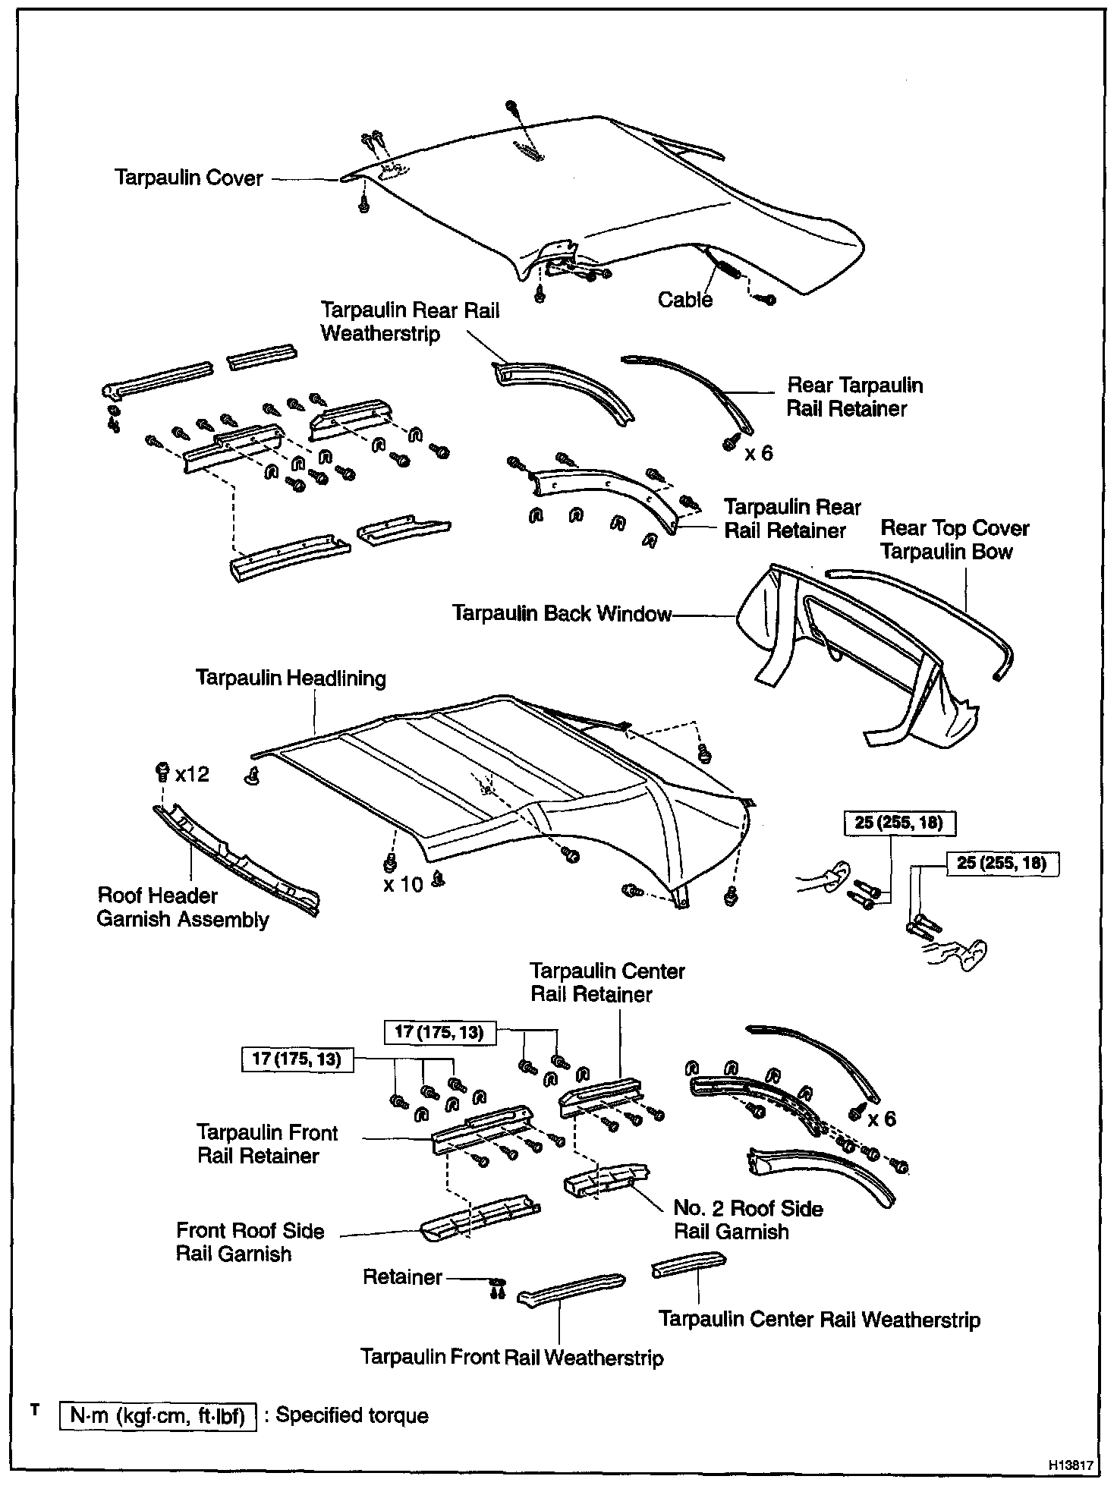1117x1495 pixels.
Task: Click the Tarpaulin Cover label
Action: [x=188, y=178]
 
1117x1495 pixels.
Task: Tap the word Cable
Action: [x=684, y=300]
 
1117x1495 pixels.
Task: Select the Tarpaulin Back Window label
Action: [x=562, y=613]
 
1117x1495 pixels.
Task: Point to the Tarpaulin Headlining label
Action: [x=291, y=678]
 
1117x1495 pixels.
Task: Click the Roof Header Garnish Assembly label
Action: [x=182, y=908]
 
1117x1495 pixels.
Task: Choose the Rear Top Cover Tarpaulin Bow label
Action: [x=954, y=540]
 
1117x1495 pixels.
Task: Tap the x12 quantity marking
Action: [x=191, y=774]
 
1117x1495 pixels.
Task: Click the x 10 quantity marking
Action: [x=402, y=884]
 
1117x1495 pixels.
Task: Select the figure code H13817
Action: [x=1073, y=1465]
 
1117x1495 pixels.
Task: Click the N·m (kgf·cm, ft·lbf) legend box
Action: [x=158, y=1415]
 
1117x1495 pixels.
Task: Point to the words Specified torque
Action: [x=351, y=1415]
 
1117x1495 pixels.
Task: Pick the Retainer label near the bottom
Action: [x=402, y=1276]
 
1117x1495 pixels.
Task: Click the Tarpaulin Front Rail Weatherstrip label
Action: [x=511, y=1357]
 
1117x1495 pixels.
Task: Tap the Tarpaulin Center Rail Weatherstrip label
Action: [x=819, y=1319]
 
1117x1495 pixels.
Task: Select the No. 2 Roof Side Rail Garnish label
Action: [x=747, y=1220]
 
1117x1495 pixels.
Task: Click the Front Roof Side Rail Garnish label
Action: [x=250, y=1242]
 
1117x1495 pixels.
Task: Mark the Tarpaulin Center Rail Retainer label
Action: [x=607, y=982]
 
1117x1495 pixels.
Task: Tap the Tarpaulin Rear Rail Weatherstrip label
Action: [x=410, y=321]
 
